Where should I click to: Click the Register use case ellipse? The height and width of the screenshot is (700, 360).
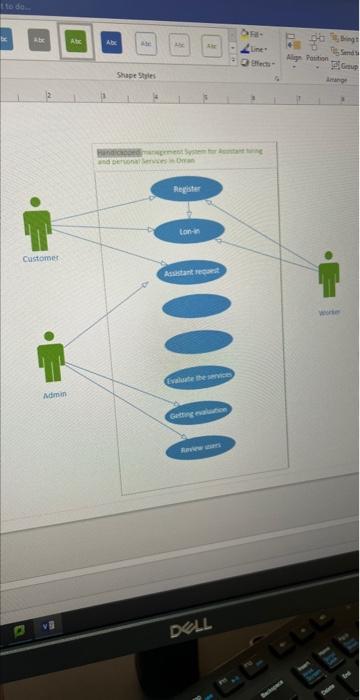187,189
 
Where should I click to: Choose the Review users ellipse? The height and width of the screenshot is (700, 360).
201,446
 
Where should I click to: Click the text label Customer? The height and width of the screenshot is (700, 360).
41,259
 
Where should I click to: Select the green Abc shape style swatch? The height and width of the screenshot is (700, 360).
77,41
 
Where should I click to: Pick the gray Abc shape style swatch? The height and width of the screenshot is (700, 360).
39,41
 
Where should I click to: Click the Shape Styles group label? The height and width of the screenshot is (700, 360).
136,75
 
